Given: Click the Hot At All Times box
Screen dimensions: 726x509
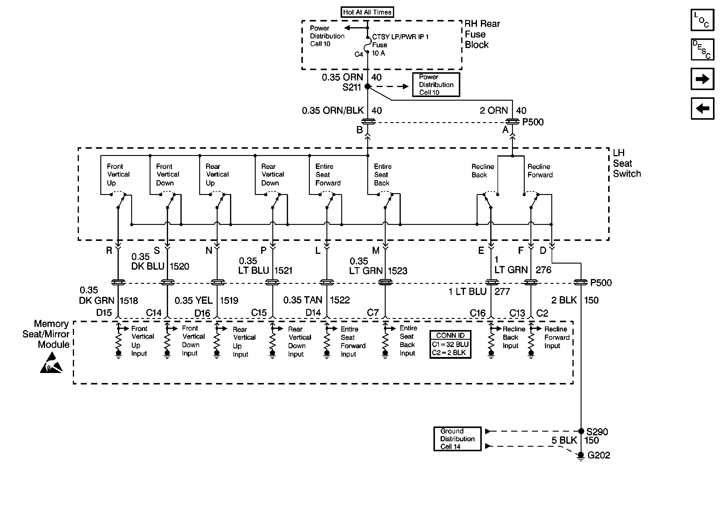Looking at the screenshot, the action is click(x=367, y=12).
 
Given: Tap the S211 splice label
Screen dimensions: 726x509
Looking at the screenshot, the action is click(x=351, y=87).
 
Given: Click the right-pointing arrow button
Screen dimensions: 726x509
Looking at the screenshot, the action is click(x=702, y=79).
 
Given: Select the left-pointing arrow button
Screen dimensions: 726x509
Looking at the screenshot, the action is click(x=702, y=109).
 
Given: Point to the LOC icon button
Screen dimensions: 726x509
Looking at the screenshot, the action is click(x=702, y=20).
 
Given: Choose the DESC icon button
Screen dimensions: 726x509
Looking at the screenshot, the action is click(x=702, y=49).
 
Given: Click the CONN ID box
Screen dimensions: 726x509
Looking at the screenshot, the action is click(x=450, y=344).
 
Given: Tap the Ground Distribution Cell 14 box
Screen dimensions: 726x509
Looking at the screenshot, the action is click(x=457, y=439).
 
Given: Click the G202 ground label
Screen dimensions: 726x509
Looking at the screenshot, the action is click(x=598, y=455).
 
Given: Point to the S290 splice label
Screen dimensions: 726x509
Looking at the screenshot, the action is click(x=597, y=432).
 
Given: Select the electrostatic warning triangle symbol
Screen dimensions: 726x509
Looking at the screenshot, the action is click(x=51, y=363).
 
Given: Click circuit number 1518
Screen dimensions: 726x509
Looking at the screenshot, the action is click(x=129, y=300).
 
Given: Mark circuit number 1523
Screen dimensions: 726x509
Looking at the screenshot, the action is click(x=397, y=271).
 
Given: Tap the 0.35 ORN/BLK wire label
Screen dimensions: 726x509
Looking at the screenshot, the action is click(x=333, y=110).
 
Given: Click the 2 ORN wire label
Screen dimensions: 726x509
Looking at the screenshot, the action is click(x=494, y=110).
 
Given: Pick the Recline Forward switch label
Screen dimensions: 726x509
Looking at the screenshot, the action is click(x=540, y=171).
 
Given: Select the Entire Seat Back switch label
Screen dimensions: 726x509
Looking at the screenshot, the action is click(x=383, y=174).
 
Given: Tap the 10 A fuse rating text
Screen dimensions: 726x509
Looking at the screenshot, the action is click(x=378, y=53).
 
